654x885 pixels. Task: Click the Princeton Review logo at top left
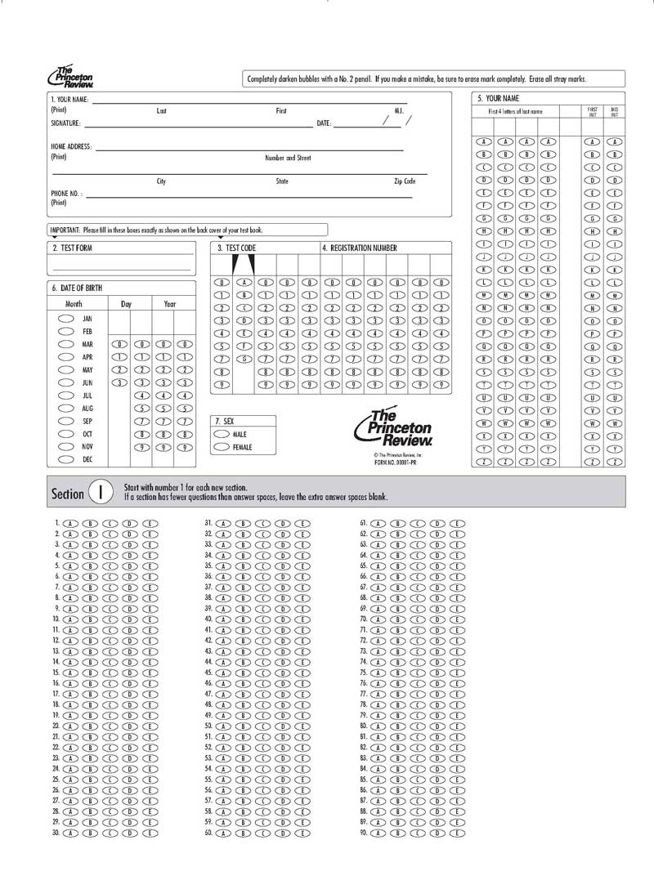click(x=70, y=76)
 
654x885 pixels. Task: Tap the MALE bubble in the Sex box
click(x=222, y=435)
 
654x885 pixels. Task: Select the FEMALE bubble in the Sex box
click(x=222, y=447)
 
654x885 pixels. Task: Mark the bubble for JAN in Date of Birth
click(x=66, y=319)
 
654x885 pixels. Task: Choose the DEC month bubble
click(x=66, y=459)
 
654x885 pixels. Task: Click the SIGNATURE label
click(x=65, y=123)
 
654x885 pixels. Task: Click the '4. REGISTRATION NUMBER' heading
click(x=360, y=248)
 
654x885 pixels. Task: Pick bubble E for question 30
click(x=150, y=834)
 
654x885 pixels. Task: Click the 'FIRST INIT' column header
click(x=593, y=111)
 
